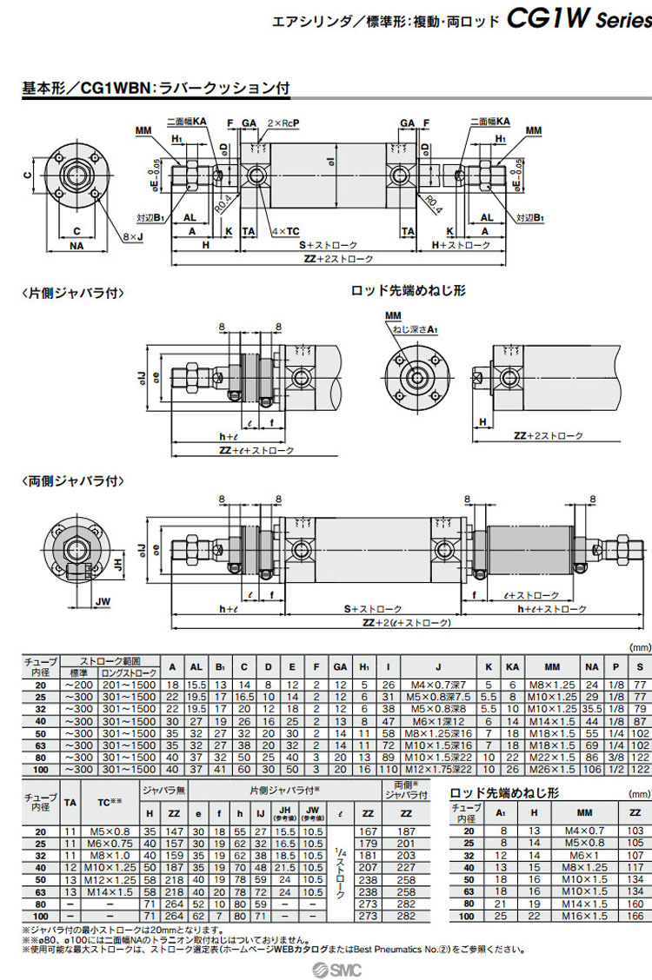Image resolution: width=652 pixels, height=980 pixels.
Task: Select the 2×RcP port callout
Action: coord(285,122)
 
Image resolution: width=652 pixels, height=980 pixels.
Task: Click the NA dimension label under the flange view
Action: coord(77,246)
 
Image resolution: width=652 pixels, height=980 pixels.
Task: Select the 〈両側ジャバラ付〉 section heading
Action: coord(73,480)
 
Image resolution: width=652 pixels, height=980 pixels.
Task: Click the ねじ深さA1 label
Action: coord(415,329)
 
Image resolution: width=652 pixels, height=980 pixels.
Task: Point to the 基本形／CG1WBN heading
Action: coord(156,88)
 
